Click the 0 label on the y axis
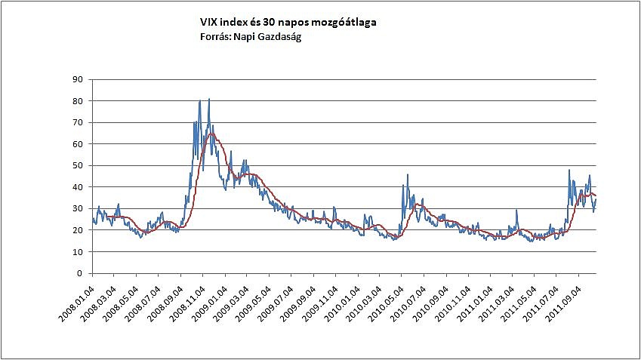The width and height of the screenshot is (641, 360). (80, 273)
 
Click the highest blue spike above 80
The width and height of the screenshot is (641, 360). (209, 99)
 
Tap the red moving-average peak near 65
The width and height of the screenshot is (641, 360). (211, 134)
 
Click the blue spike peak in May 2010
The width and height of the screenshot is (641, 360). (408, 175)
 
